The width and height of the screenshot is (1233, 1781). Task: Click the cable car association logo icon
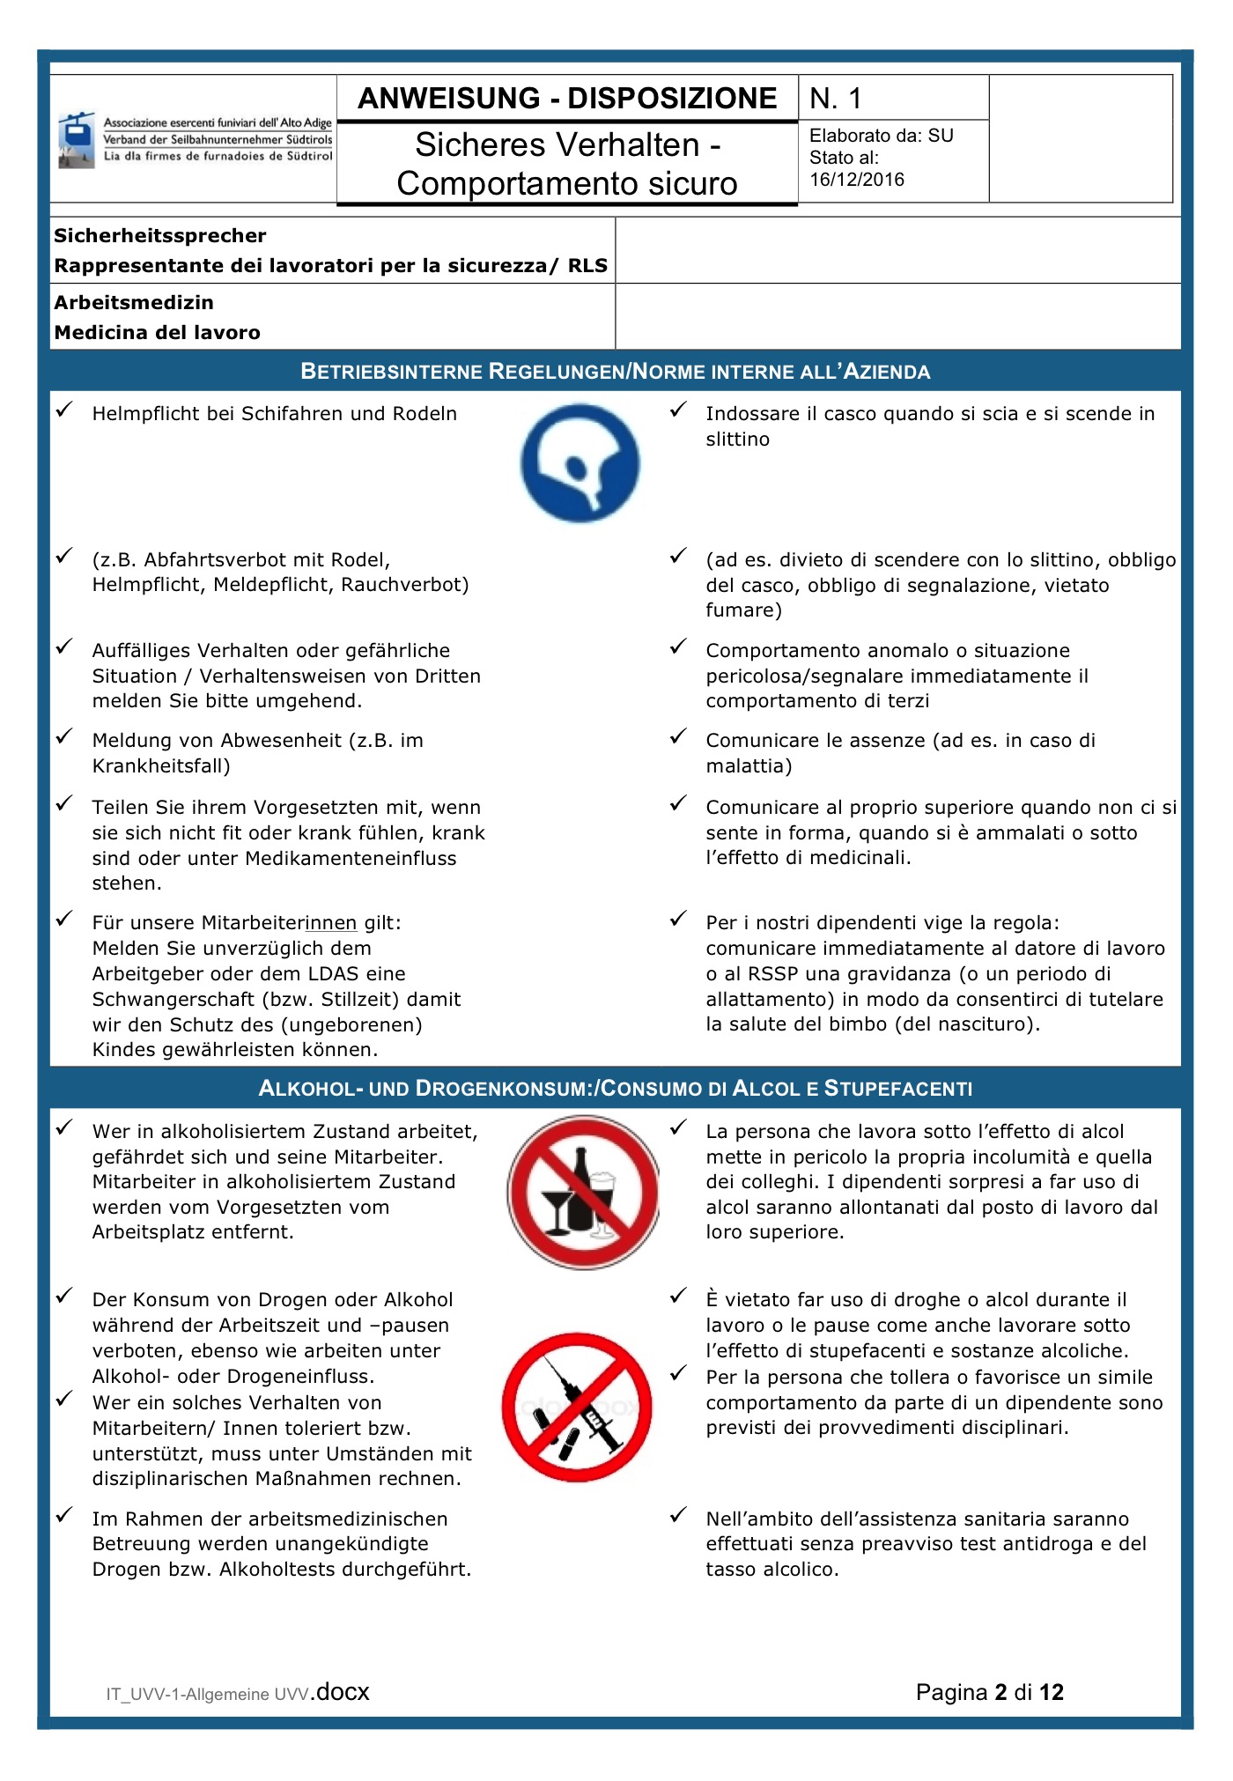77,140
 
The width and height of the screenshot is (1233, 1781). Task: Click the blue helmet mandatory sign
580,463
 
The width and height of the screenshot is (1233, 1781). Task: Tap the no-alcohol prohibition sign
583,1192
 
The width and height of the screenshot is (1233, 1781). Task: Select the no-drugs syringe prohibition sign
578,1407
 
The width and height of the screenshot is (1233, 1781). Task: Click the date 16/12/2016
857,180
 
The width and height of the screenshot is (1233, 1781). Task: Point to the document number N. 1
836,99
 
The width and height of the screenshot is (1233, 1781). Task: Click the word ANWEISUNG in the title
449,99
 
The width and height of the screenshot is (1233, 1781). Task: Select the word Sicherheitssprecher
160,236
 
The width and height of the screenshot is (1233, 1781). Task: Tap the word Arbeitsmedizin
134,303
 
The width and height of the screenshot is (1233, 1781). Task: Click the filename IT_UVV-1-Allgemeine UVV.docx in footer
238,1692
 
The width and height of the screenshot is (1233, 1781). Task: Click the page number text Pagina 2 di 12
989,1692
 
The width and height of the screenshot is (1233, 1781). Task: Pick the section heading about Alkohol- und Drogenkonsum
615,1089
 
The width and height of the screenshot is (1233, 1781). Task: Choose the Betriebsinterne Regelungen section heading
615,372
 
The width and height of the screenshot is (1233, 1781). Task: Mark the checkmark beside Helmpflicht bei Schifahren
64,410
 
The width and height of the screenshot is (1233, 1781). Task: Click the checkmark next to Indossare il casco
678,410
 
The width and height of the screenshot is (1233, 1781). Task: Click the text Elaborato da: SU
881,136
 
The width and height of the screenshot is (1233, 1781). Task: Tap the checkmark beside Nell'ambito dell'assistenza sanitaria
678,1515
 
